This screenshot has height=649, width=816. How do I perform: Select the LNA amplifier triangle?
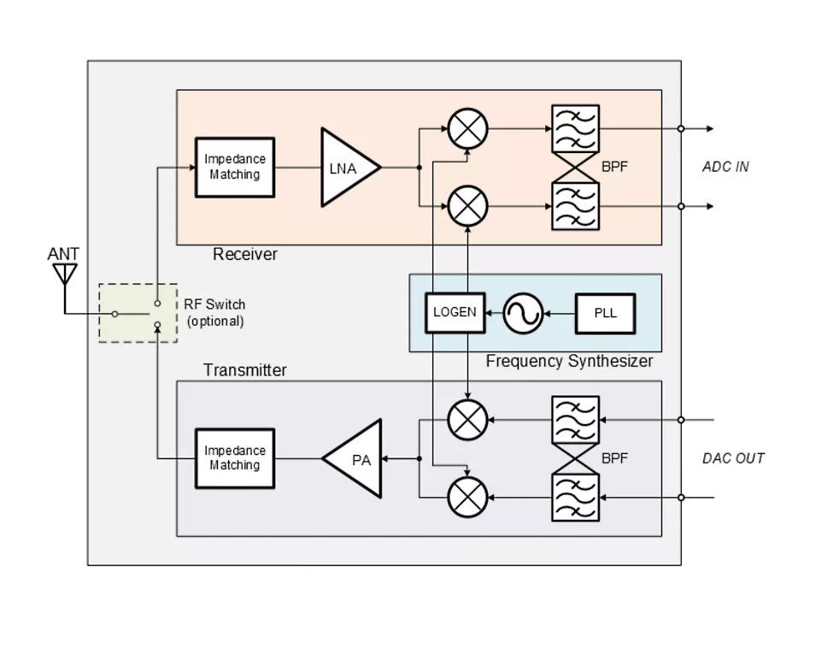pyautogui.click(x=346, y=168)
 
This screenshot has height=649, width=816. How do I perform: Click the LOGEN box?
pyautogui.click(x=455, y=312)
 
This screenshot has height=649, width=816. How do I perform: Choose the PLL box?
pyautogui.click(x=605, y=313)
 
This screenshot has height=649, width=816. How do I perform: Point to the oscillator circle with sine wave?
pyautogui.click(x=522, y=314)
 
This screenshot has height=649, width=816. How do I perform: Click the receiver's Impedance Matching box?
pyautogui.click(x=235, y=168)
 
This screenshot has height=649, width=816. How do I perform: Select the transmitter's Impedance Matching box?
pyautogui.click(x=235, y=458)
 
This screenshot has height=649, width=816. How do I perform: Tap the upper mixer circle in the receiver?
pyautogui.click(x=467, y=129)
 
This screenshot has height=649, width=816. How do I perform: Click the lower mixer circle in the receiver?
pyautogui.click(x=467, y=206)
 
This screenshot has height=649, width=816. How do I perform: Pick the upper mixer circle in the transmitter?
pyautogui.click(x=467, y=420)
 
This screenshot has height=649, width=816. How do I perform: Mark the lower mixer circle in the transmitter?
pyautogui.click(x=467, y=497)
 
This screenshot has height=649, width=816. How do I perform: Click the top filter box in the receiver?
pyautogui.click(x=575, y=129)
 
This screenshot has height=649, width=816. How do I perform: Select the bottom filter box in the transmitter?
pyautogui.click(x=575, y=498)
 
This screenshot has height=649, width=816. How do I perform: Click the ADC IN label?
pyautogui.click(x=725, y=167)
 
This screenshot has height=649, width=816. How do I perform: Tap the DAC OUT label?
pyautogui.click(x=733, y=458)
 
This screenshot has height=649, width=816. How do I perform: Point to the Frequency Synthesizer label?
pyautogui.click(x=569, y=362)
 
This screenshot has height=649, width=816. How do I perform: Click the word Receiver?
pyautogui.click(x=245, y=254)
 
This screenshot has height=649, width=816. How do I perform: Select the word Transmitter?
pyautogui.click(x=245, y=370)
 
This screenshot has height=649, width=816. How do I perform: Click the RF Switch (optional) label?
pyautogui.click(x=214, y=313)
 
